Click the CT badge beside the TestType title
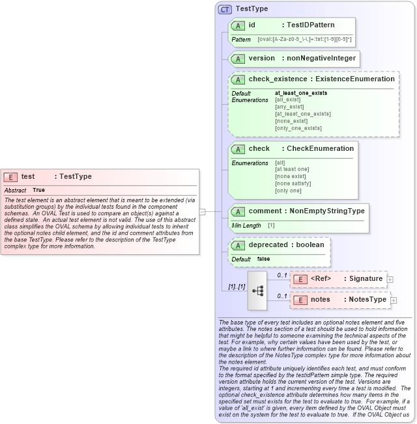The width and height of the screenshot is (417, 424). pyautogui.click(x=225, y=9)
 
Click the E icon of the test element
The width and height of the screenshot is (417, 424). pyautogui.click(x=10, y=177)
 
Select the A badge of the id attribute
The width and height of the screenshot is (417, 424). pyautogui.click(x=238, y=25)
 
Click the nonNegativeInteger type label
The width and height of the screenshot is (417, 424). pyautogui.click(x=321, y=58)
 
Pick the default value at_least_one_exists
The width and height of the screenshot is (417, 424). pyautogui.click(x=301, y=93)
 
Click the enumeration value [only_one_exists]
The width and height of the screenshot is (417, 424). pyautogui.click(x=298, y=128)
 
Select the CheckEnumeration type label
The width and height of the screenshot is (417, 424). pyautogui.click(x=321, y=148)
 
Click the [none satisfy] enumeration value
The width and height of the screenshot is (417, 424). pyautogui.click(x=293, y=183)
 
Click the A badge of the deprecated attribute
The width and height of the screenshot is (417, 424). pyautogui.click(x=238, y=245)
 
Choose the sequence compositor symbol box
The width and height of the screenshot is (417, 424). pyautogui.click(x=257, y=289)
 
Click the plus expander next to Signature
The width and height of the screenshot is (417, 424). pyautogui.click(x=390, y=279)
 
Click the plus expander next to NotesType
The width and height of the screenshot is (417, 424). pyautogui.click(x=394, y=300)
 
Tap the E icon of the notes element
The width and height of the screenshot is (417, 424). pyautogui.click(x=300, y=300)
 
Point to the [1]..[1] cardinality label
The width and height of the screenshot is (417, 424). pyautogui.click(x=235, y=286)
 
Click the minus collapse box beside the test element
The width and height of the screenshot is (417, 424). pyautogui.click(x=203, y=211)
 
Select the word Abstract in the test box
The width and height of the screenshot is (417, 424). pyautogui.click(x=15, y=191)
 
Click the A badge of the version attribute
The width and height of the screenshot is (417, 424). pyautogui.click(x=238, y=58)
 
